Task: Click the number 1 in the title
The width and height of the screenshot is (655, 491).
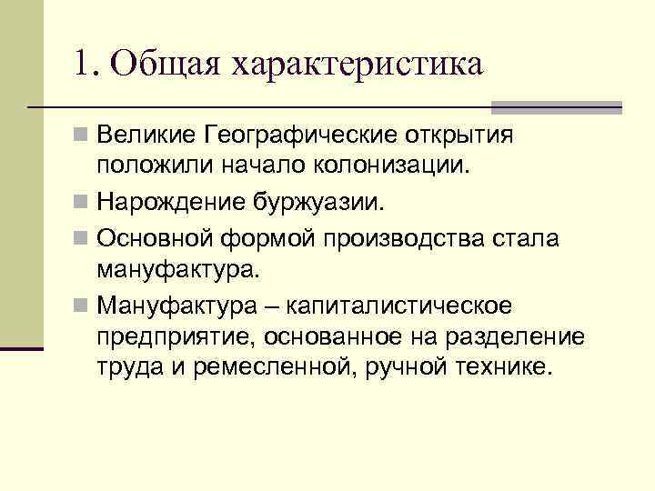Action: coord(84,65)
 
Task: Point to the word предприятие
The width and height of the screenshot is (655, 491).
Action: coord(176,336)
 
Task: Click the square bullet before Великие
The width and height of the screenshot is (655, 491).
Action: coord(83,137)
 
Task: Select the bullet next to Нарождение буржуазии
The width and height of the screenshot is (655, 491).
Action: coord(83,201)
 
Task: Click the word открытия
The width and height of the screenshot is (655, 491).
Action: coord(458,136)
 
